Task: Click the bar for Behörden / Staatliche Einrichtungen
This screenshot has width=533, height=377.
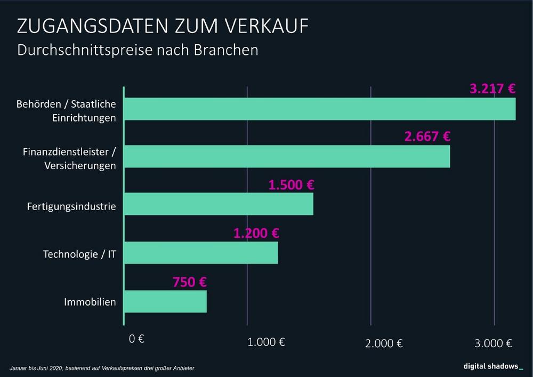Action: pyautogui.click(x=320, y=109)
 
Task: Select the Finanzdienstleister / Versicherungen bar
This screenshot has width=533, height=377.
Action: pyautogui.click(x=287, y=156)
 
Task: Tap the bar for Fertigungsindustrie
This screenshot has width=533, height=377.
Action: pyautogui.click(x=219, y=204)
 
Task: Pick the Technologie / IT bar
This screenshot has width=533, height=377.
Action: pyautogui.click(x=201, y=253)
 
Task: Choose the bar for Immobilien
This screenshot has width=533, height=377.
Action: pyautogui.click(x=165, y=301)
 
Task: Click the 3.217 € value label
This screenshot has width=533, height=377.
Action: pyautogui.click(x=493, y=89)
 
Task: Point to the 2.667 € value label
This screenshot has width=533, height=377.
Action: pyautogui.click(x=427, y=137)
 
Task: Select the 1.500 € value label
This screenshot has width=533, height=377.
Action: pyautogui.click(x=291, y=185)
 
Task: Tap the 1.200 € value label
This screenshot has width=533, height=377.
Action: pyautogui.click(x=256, y=233)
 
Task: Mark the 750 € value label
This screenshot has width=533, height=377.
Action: pyautogui.click(x=190, y=282)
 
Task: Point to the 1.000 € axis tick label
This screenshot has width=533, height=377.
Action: pyautogui.click(x=266, y=342)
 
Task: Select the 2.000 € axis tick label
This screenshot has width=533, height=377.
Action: pyautogui.click(x=384, y=343)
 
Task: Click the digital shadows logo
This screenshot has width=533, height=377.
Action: pyautogui.click(x=492, y=366)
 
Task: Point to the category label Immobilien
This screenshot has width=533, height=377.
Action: pyautogui.click(x=90, y=302)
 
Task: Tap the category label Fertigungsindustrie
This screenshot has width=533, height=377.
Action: pyautogui.click(x=71, y=206)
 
